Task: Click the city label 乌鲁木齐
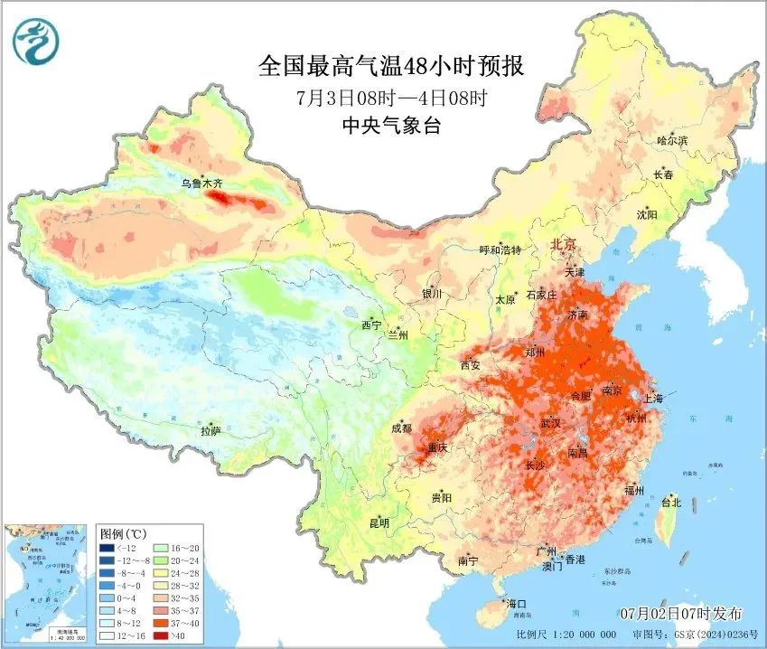click(x=201, y=183)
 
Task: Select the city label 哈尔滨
click(x=672, y=140)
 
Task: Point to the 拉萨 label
click(x=210, y=431)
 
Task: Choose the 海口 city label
click(x=517, y=604)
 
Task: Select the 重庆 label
click(x=438, y=447)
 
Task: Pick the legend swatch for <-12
click(x=106, y=548)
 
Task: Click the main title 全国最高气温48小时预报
click(x=390, y=67)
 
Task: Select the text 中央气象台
click(x=390, y=125)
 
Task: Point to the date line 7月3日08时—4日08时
click(x=390, y=97)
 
